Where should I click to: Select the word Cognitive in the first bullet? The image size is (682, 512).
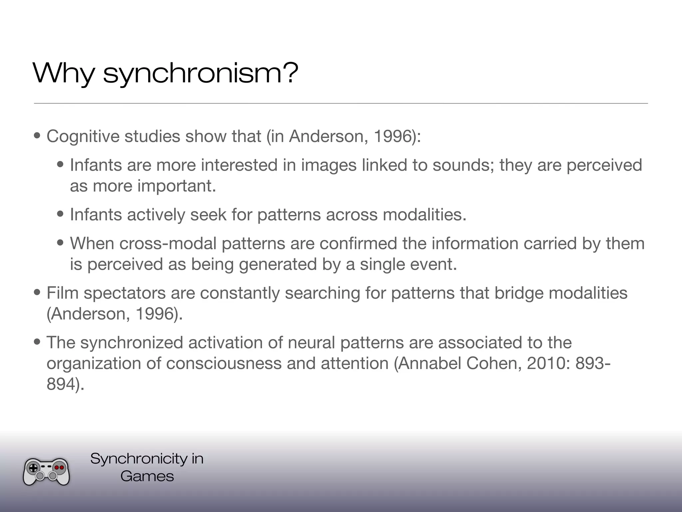point(83,136)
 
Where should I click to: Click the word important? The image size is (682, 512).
point(177,186)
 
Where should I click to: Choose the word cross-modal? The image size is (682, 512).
point(168,243)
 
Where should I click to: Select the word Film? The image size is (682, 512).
point(62,293)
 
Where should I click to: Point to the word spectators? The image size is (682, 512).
point(125,293)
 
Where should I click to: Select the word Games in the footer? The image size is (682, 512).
point(147,476)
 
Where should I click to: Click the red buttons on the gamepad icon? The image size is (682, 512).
point(59,468)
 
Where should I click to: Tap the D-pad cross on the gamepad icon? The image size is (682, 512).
point(34,468)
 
